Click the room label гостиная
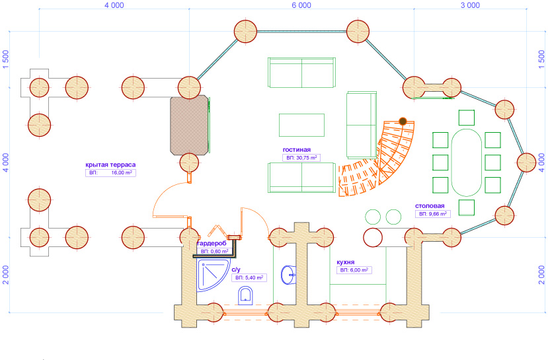pos(296,150)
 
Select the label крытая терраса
pos(110,165)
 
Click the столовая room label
pos(430,206)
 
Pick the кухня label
pos(345,262)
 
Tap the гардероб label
pos(212,243)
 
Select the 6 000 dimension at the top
pos(301,5)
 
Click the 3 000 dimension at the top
pos(470,5)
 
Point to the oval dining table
pos(467,162)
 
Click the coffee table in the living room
pos(301,125)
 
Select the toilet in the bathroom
pos(245,296)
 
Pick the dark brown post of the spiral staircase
pos(403,122)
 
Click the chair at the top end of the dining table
pos(467,118)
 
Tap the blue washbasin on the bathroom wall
pos(288,275)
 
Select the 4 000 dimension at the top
pos(114,5)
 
